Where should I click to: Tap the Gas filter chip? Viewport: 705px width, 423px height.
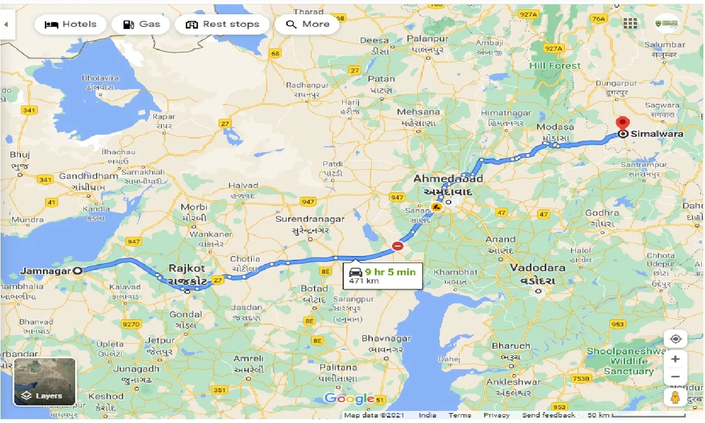click(x=141, y=24)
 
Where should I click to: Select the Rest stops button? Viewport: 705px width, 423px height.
click(x=222, y=24)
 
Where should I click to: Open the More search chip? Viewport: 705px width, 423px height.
click(x=307, y=24)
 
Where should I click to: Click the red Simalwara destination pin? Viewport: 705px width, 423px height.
click(x=623, y=124)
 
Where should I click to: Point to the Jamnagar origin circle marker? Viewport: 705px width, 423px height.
click(x=78, y=270)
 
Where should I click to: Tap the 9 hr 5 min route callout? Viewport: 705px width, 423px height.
click(x=383, y=276)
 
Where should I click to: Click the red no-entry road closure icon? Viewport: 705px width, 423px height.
click(x=398, y=246)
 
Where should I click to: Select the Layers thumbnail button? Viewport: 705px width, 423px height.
click(x=44, y=381)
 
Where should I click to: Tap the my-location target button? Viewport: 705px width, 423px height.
click(x=675, y=338)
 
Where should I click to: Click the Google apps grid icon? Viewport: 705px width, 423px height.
click(x=630, y=24)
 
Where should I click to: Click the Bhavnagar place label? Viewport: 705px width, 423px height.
click(x=386, y=338)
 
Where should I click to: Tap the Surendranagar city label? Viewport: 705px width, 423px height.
click(x=310, y=219)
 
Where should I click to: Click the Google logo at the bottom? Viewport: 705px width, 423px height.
click(x=349, y=399)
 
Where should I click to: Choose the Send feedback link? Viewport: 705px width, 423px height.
click(x=548, y=415)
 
